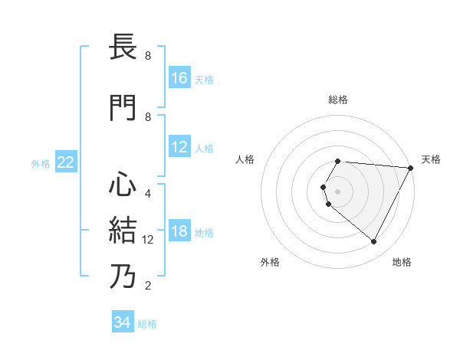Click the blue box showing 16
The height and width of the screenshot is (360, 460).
pyautogui.click(x=179, y=78)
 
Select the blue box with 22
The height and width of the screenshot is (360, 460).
pyautogui.click(x=66, y=162)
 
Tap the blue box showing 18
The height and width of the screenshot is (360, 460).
pyautogui.click(x=179, y=232)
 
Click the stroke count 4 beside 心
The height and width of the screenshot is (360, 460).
pyautogui.click(x=148, y=193)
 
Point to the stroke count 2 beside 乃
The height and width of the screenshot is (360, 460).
pyautogui.click(x=148, y=286)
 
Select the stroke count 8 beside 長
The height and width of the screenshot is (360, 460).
pyautogui.click(x=148, y=56)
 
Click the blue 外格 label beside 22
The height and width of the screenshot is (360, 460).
pyautogui.click(x=41, y=163)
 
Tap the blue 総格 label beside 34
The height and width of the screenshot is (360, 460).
pyautogui.click(x=147, y=324)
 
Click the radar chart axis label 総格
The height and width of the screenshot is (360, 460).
pyautogui.click(x=338, y=100)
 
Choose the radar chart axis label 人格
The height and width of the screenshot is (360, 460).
pyautogui.click(x=245, y=159)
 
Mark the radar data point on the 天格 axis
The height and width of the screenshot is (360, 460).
pyautogui.click(x=410, y=168)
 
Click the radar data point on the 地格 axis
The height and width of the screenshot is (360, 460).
pyautogui.click(x=374, y=242)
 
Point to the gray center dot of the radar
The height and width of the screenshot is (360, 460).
pyautogui.click(x=338, y=191)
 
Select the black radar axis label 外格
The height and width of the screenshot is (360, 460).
pyautogui.click(x=270, y=262)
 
